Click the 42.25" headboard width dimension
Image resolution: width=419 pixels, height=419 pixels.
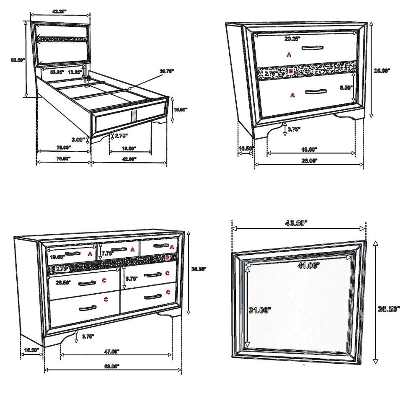[x=59, y=12]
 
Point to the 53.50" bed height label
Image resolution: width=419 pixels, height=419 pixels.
[x=18, y=60]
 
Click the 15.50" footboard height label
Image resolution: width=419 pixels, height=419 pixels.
[x=181, y=109]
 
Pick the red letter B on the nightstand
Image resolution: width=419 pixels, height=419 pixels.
[x=291, y=71]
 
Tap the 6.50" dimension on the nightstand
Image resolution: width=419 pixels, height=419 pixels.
[x=346, y=88]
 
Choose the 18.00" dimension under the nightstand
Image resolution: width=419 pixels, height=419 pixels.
[x=310, y=149]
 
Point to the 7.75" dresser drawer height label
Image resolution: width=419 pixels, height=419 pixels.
[x=108, y=253]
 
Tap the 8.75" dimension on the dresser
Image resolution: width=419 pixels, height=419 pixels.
[x=131, y=278]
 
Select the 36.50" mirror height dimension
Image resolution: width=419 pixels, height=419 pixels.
[x=388, y=309]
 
